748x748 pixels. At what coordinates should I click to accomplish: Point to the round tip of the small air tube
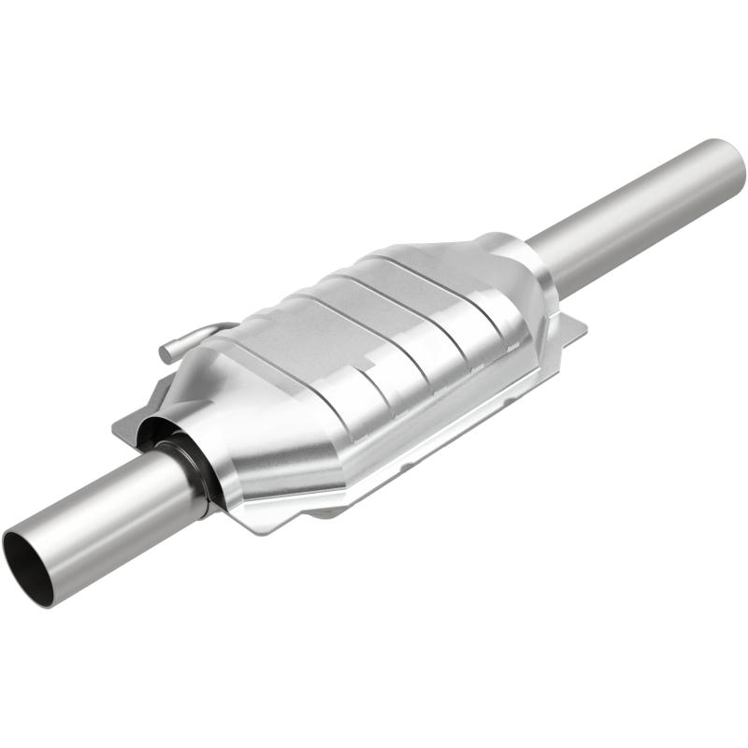[x=165, y=354]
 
